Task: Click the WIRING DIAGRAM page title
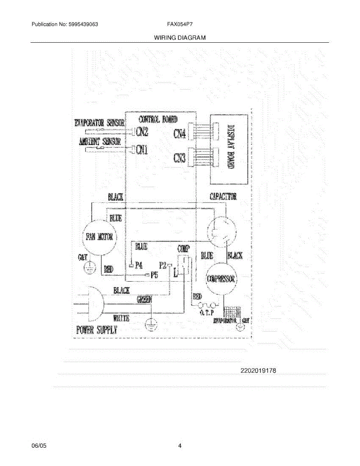click(x=179, y=38)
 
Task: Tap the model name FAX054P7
click(x=180, y=24)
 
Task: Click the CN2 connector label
click(x=141, y=132)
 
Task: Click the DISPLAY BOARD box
click(x=229, y=149)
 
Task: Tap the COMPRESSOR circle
click(x=221, y=279)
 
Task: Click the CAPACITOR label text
click(x=223, y=196)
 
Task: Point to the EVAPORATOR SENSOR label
click(x=99, y=123)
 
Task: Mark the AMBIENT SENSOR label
click(x=100, y=142)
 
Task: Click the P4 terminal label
click(x=139, y=266)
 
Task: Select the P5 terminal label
click(x=154, y=275)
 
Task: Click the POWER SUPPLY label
click(x=96, y=330)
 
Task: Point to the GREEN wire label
click(x=144, y=299)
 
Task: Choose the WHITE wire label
click(x=121, y=318)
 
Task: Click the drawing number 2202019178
click(x=258, y=370)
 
